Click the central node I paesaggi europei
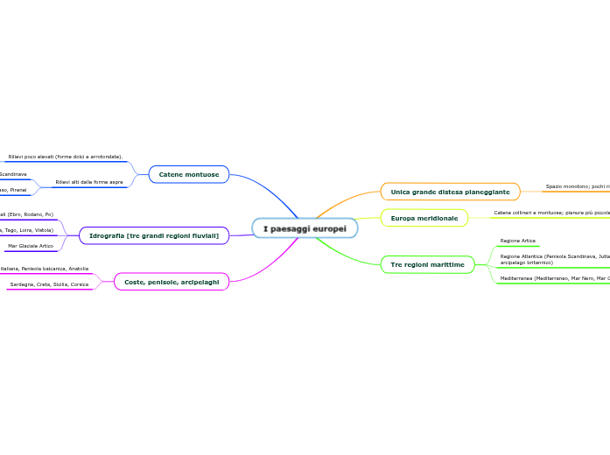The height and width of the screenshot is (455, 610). tap(305, 228)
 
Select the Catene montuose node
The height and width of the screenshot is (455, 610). tap(188, 175)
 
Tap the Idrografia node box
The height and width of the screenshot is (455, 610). tap(154, 235)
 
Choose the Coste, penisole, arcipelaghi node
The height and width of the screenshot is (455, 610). tap(172, 282)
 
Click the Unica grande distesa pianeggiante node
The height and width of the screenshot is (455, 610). tap(450, 192)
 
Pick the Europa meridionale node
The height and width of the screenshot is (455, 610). tap(424, 218)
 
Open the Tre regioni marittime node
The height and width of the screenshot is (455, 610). tap(427, 263)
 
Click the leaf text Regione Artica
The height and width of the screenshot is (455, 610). tap(517, 241)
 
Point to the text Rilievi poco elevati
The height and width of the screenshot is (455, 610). tap(65, 157)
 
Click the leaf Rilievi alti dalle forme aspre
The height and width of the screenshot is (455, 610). tap(89, 183)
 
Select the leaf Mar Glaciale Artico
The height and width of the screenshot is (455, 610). tap(30, 246)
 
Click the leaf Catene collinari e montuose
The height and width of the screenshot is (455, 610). tap(551, 213)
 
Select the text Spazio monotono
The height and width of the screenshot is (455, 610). tap(577, 186)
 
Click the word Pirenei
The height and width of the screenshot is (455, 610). tap(18, 190)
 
